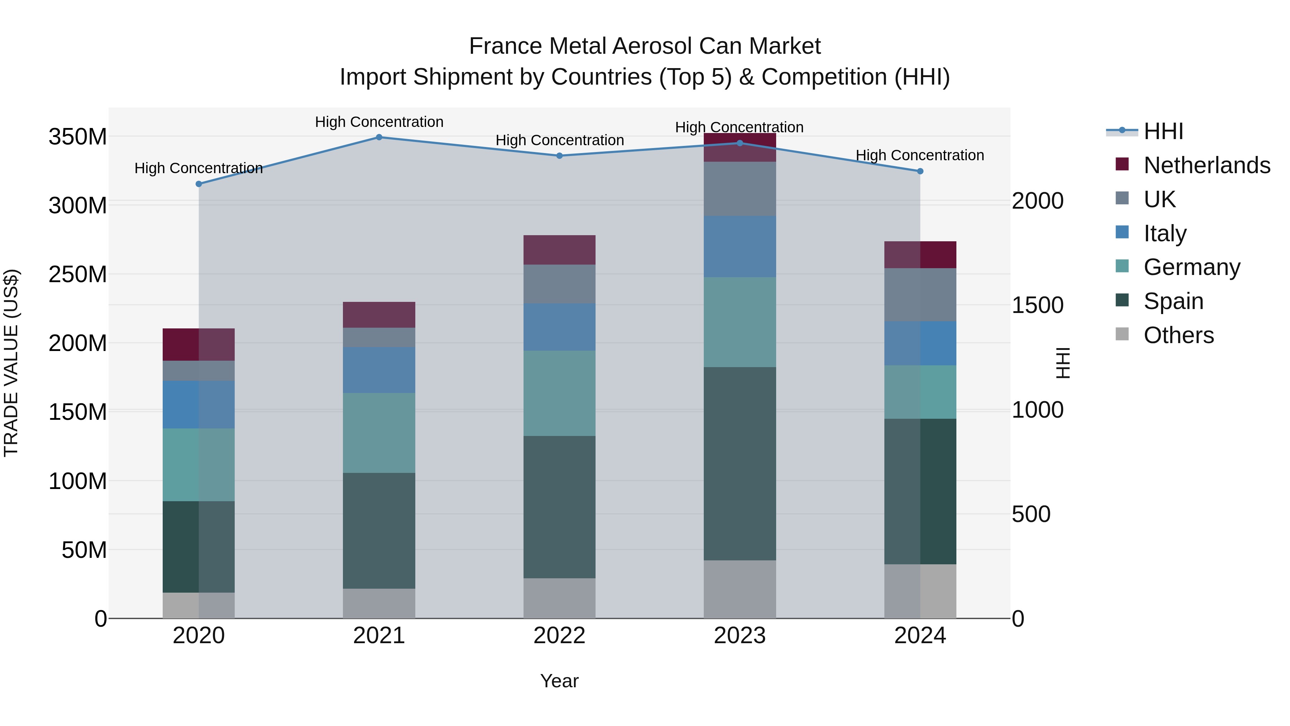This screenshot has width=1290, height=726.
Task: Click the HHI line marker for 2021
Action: (379, 137)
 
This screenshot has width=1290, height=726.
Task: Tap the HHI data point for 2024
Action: (920, 171)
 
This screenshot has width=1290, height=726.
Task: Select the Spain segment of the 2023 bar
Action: (740, 464)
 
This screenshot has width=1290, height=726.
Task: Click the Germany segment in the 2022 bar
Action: (559, 393)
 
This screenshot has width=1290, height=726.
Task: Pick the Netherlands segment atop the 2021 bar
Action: (379, 315)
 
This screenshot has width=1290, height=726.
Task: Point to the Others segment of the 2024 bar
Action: (920, 591)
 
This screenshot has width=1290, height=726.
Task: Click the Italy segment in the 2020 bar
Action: (199, 404)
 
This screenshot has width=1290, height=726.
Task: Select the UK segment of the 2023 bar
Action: (740, 189)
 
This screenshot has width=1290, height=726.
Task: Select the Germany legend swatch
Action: (1122, 266)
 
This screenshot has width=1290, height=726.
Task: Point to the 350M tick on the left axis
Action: (78, 137)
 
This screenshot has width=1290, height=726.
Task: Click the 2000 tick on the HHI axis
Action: (1038, 201)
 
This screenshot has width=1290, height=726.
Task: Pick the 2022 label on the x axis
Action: (559, 636)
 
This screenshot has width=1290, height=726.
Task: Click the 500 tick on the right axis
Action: (1031, 514)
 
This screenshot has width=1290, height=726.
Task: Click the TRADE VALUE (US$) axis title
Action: (11, 363)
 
